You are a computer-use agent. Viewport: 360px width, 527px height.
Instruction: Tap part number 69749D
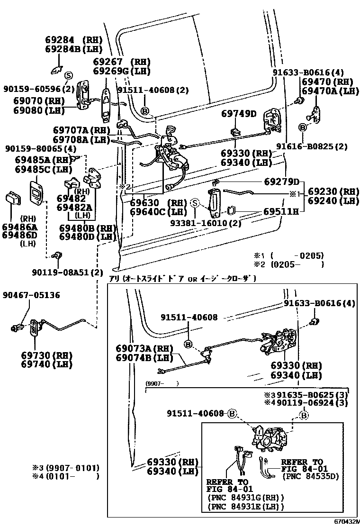[239, 114]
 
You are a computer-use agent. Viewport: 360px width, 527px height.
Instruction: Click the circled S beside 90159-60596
[68, 76]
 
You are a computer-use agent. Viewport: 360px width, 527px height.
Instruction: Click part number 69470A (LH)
[330, 91]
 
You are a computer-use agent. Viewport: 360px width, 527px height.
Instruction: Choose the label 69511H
[281, 212]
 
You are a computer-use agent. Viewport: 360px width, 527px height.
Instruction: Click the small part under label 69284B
[56, 70]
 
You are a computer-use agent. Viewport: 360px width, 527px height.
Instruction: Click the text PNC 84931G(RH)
[246, 498]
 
